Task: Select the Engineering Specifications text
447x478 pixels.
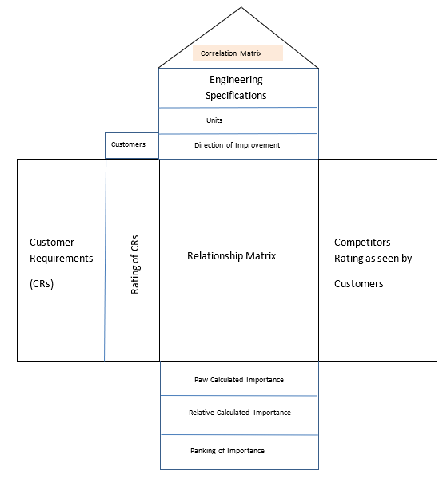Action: (x=237, y=88)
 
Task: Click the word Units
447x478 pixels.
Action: (x=214, y=120)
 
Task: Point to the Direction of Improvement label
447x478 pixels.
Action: (x=237, y=146)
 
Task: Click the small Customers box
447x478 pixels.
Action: (x=131, y=145)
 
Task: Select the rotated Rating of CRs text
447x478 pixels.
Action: (x=134, y=260)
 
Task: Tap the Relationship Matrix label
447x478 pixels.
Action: (x=231, y=256)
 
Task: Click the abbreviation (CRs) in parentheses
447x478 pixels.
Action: (x=42, y=283)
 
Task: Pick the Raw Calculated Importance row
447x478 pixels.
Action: (x=239, y=380)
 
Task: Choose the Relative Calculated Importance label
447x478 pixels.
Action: (x=239, y=413)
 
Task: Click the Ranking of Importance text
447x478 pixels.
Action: (x=227, y=451)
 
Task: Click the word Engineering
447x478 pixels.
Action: (x=236, y=80)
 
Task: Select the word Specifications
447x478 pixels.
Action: (x=237, y=96)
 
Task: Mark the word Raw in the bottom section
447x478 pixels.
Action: (x=202, y=380)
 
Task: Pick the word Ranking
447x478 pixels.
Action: (x=205, y=451)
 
